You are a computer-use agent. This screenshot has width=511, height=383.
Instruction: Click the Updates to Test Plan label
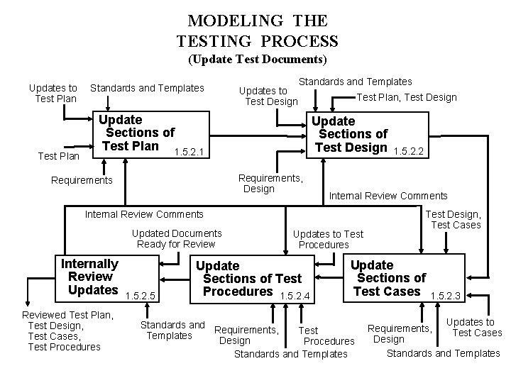click(53, 93)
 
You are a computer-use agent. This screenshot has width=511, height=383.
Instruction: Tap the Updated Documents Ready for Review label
click(177, 238)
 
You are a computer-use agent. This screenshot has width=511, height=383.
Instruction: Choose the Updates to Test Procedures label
click(328, 239)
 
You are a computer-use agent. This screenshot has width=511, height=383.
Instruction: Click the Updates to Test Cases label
click(473, 328)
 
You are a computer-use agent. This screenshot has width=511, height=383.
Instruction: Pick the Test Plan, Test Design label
click(407, 97)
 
